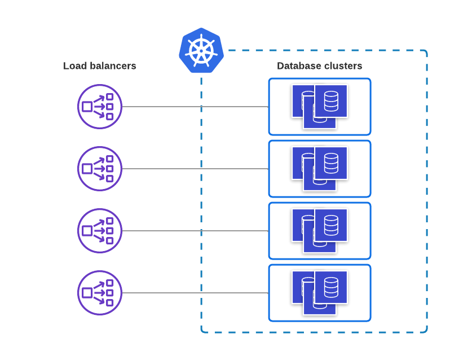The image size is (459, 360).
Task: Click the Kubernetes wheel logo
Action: click(201, 50)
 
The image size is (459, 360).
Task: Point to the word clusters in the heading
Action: click(343, 66)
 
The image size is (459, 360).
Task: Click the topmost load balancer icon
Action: click(100, 107)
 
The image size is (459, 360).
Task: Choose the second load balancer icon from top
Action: click(100, 169)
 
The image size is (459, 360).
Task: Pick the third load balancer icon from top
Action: click(100, 231)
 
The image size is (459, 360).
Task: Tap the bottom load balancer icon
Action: click(100, 293)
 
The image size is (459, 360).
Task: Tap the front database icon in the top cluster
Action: click(331, 101)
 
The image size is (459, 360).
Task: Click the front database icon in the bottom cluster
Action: click(331, 287)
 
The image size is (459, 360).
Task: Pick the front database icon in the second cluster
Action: click(331, 163)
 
